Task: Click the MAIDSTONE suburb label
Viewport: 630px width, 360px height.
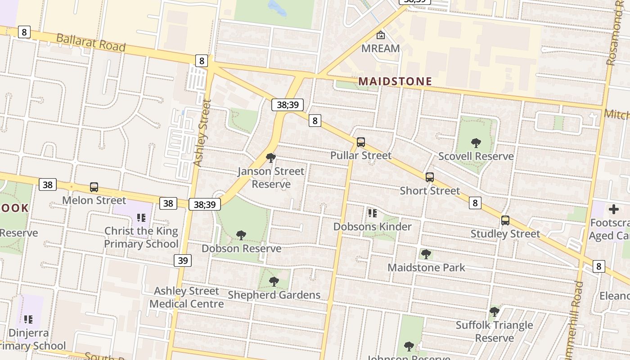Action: (395, 81)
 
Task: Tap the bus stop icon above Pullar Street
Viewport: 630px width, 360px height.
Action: (361, 142)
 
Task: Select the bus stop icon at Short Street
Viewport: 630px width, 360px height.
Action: (430, 177)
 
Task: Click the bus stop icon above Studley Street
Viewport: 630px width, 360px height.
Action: (505, 220)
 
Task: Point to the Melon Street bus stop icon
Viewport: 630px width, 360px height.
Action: (94, 187)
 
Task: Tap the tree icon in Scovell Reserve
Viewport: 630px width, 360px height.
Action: (476, 143)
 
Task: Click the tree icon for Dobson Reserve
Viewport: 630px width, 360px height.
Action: (241, 235)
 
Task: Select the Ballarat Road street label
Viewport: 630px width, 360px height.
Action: (90, 42)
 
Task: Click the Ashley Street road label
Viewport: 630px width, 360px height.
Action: (202, 133)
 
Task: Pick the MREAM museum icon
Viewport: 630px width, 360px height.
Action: (381, 35)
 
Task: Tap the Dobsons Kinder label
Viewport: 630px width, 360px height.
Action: (372, 226)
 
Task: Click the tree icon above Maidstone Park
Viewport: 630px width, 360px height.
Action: (426, 254)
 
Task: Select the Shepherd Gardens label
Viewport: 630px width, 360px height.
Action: (274, 295)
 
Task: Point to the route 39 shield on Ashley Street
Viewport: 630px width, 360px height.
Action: (183, 261)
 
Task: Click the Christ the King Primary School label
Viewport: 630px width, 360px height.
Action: (141, 238)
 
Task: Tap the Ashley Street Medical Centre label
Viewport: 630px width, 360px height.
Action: (186, 297)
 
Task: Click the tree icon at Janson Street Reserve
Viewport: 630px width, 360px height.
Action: (271, 158)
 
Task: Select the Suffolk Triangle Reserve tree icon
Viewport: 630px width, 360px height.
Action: (495, 311)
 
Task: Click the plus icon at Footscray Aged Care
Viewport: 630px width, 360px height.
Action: (614, 209)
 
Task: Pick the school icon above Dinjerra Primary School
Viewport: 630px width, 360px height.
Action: (28, 319)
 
